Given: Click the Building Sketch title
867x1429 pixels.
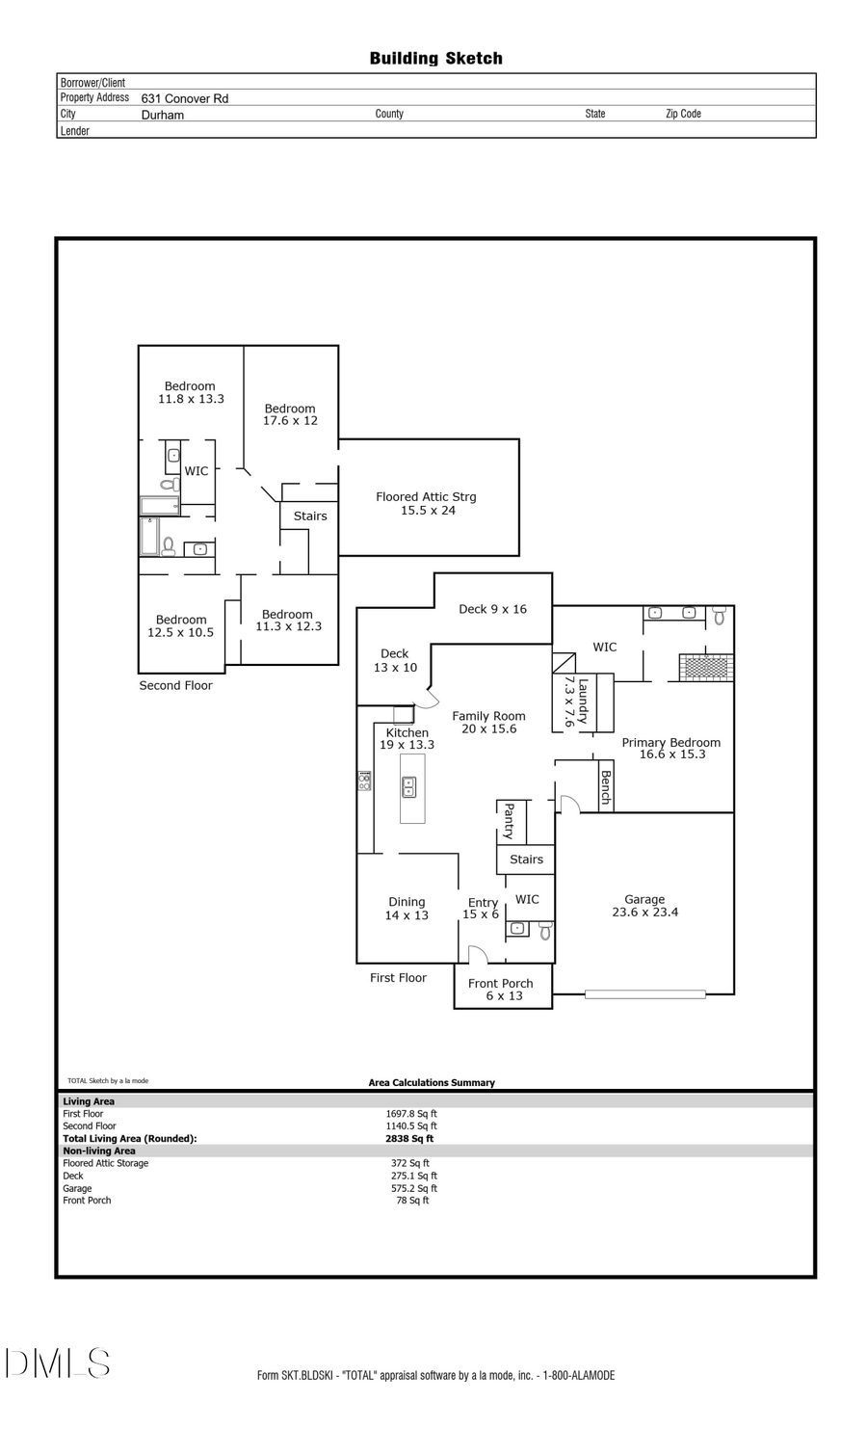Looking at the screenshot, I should click(435, 59).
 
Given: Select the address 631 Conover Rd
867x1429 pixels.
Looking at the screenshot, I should click(185, 98).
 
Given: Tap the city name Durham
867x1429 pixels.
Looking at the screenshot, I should click(163, 115).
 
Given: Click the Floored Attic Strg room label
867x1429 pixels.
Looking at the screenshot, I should click(427, 503).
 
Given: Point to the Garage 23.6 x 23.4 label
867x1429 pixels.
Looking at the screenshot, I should click(644, 906).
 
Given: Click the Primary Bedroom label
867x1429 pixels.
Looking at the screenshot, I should click(671, 748).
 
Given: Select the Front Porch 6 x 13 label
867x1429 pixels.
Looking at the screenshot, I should click(502, 990).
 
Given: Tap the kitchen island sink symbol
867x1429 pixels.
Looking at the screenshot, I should click(408, 787).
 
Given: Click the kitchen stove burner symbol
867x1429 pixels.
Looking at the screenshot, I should click(364, 781).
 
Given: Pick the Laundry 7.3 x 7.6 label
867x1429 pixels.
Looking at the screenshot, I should click(575, 701).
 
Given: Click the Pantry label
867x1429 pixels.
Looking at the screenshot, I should click(509, 821).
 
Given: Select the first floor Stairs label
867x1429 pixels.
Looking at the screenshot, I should click(526, 860).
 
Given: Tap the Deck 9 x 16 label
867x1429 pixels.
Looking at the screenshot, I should click(492, 609).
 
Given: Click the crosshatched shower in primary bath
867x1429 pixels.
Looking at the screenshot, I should click(706, 668).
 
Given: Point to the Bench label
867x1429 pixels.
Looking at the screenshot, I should click(606, 786).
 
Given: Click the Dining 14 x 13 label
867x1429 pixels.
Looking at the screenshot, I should click(407, 909).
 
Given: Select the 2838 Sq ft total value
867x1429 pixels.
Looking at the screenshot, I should click(409, 1138).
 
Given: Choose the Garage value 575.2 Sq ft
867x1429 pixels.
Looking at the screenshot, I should click(414, 1188).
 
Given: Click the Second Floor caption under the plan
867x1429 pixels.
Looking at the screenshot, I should click(175, 685).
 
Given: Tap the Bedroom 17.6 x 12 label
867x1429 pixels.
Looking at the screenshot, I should click(290, 414).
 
